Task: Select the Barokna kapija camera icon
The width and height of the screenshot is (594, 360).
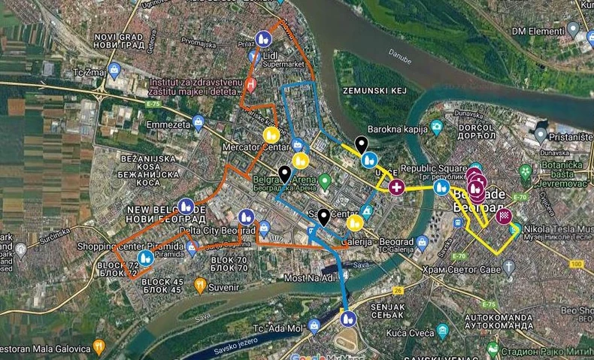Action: coord(436,126)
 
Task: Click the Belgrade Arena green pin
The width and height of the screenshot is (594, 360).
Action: coord(325,181)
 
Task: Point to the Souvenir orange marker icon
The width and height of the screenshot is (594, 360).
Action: coord(200,286)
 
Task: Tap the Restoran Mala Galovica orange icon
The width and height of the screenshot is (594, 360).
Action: coord(98,348)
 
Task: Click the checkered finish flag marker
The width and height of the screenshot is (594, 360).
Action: coord(505,218)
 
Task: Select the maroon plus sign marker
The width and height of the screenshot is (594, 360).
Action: coord(396,186)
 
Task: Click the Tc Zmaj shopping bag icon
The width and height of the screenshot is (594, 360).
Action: coord(114,73)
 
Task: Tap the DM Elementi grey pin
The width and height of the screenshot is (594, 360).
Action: coord(573,30)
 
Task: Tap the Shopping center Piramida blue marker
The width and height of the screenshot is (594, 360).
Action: coord(145,259)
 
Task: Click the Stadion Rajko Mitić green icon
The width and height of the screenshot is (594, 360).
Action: coord(492,349)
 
